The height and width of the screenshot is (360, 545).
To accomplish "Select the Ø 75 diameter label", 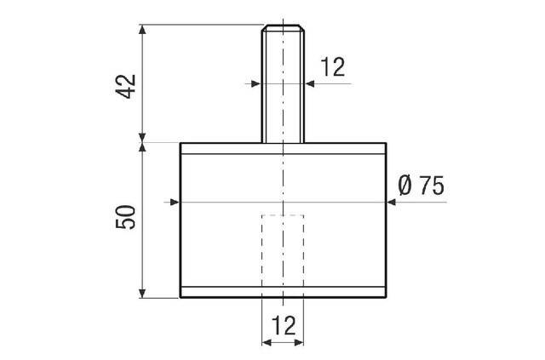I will (421, 186).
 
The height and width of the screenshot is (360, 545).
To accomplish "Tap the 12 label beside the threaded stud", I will (334, 67).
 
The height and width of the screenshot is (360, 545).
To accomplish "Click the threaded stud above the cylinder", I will (282, 85).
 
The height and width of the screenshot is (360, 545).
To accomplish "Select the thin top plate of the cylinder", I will (282, 148).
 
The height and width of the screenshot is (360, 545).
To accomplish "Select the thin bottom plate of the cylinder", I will (282, 292).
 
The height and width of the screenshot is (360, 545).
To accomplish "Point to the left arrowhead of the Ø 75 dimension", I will (175, 202).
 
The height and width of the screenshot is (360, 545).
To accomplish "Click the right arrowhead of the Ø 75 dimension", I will (390, 202).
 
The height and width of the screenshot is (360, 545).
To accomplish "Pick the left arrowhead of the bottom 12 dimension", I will (265, 343).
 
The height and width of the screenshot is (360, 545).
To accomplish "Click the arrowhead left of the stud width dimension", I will (256, 83).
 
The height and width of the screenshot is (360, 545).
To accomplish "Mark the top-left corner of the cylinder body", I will (181, 143).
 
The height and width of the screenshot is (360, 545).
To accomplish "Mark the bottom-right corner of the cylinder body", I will (384, 298).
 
